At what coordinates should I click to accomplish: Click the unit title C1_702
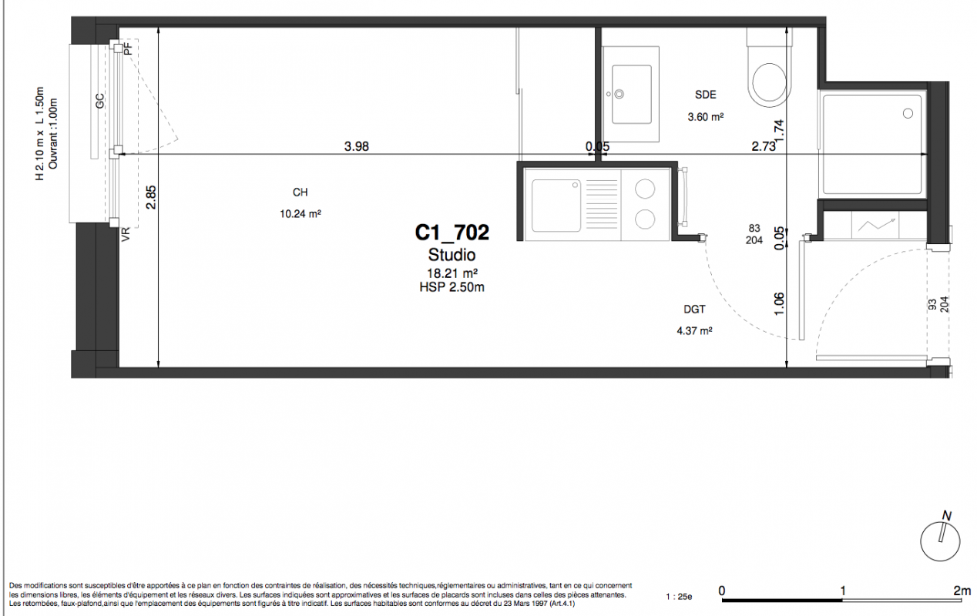[452, 233]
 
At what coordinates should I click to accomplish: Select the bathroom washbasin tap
[618, 94]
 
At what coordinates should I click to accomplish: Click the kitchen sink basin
[556, 205]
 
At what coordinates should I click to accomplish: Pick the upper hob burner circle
[645, 189]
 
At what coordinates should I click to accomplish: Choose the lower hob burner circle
[645, 219]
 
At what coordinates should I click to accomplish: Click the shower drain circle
[908, 114]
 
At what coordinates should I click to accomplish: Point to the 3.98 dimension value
[356, 146]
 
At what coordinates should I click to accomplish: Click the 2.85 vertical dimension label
[151, 197]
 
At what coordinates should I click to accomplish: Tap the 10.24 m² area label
[300, 213]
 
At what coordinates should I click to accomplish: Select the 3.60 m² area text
[705, 117]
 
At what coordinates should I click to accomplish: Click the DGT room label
[694, 310]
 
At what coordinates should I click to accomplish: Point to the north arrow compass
[940, 539]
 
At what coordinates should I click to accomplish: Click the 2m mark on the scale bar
[962, 591]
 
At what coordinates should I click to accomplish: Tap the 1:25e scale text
[679, 597]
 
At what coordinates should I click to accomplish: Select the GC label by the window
[100, 101]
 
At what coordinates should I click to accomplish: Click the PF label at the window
[128, 49]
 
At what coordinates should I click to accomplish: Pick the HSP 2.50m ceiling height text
[452, 287]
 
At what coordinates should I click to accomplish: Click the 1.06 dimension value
[779, 304]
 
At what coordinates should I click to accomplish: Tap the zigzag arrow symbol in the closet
[876, 225]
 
